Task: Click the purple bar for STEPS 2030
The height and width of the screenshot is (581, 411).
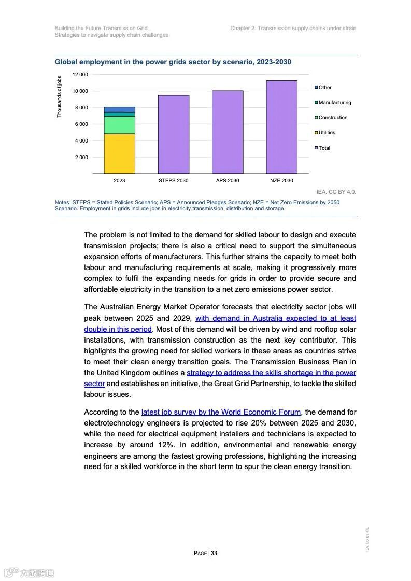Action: (173, 134)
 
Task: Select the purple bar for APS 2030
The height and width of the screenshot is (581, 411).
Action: (227, 132)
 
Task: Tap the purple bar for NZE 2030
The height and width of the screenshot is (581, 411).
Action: (281, 127)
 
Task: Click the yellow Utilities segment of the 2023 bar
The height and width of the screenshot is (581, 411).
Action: (119, 153)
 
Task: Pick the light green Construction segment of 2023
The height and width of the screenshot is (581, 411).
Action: (119, 125)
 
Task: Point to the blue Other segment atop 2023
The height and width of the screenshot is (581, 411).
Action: (119, 109)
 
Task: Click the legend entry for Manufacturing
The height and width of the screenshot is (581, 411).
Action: (334, 103)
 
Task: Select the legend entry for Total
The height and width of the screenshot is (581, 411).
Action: (324, 148)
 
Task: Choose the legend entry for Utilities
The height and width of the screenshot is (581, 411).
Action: (327, 133)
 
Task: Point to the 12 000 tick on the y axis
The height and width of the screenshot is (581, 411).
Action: (80, 75)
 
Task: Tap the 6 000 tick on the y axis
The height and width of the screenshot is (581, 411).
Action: (81, 124)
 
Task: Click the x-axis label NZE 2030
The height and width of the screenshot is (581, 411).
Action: (281, 181)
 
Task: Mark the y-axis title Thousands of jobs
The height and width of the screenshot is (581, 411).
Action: (59, 96)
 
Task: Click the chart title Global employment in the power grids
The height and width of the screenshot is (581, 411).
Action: (173, 62)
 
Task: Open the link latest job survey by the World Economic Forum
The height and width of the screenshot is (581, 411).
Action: (221, 412)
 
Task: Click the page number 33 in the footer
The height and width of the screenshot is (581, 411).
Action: (214, 553)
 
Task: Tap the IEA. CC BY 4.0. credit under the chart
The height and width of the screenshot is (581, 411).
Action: (336, 192)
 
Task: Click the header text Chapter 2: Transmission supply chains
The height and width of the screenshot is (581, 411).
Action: (293, 28)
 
